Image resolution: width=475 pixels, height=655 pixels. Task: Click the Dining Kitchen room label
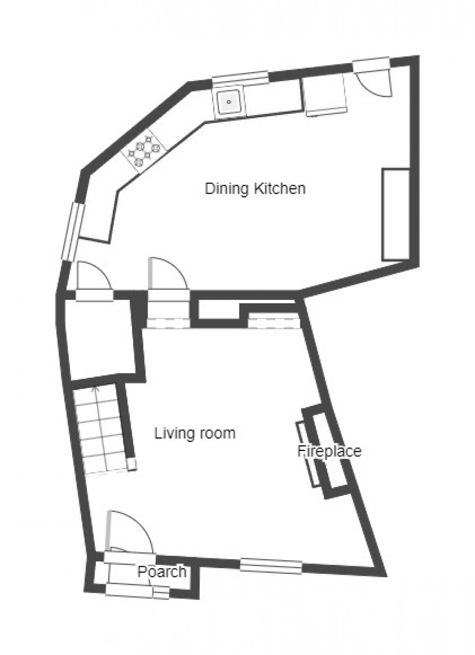click(x=255, y=188)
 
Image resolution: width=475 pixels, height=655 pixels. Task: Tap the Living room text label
click(x=195, y=433)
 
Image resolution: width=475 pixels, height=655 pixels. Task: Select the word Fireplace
click(x=329, y=450)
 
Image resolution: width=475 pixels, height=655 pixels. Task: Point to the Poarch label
click(x=162, y=571)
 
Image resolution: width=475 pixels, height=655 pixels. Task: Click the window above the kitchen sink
click(x=240, y=78)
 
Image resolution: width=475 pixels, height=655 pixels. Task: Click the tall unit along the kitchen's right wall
click(x=396, y=214)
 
